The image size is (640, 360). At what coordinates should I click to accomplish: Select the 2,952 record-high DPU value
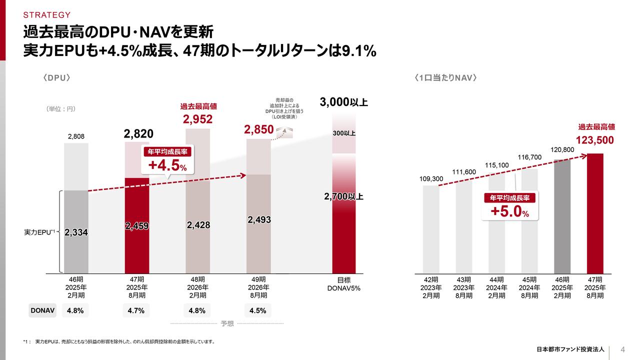[x=197, y=119]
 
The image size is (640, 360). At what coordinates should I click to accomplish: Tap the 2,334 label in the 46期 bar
[x=76, y=232]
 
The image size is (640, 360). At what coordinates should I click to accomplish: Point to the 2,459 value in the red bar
[x=136, y=226]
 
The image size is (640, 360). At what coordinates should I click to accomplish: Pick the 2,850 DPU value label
[x=258, y=130]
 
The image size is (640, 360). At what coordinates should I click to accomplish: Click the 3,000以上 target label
[x=343, y=102]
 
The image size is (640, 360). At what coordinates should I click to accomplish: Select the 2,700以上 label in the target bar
[x=343, y=196]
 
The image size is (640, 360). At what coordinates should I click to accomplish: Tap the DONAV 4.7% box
[x=136, y=310]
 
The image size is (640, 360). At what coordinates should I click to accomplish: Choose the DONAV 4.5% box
[x=258, y=310]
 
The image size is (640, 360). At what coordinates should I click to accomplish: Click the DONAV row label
[x=42, y=310]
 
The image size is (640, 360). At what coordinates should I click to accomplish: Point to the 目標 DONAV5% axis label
[x=343, y=284]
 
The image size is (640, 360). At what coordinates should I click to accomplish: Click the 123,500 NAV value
[x=595, y=140]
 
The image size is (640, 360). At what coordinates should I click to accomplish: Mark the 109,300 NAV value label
[x=431, y=178]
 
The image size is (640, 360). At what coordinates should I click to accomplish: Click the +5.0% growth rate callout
[x=509, y=207]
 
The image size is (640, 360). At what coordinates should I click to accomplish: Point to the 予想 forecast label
[x=227, y=323]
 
